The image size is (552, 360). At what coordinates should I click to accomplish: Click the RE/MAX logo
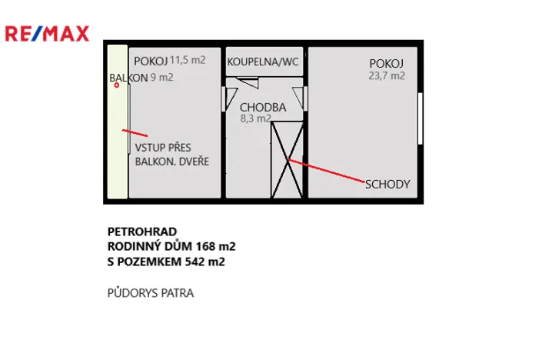tap(47, 33)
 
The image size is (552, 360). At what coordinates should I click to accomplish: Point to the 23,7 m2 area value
tap(387, 75)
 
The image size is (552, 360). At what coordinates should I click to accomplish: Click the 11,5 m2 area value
tap(188, 60)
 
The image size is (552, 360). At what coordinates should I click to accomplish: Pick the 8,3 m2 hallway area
tap(255, 118)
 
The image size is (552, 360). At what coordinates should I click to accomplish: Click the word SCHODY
tap(387, 185)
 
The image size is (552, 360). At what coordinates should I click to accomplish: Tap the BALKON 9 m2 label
tap(141, 78)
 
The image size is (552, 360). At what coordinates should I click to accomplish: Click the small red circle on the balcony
tap(117, 85)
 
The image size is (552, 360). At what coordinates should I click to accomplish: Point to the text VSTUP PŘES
tap(163, 148)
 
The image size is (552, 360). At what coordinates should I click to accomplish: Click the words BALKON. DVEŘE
tap(171, 162)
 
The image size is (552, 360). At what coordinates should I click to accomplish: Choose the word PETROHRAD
tap(142, 231)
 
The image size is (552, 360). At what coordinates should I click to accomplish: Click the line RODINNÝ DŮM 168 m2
tap(171, 246)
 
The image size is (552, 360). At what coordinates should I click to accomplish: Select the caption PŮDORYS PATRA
tap(150, 292)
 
